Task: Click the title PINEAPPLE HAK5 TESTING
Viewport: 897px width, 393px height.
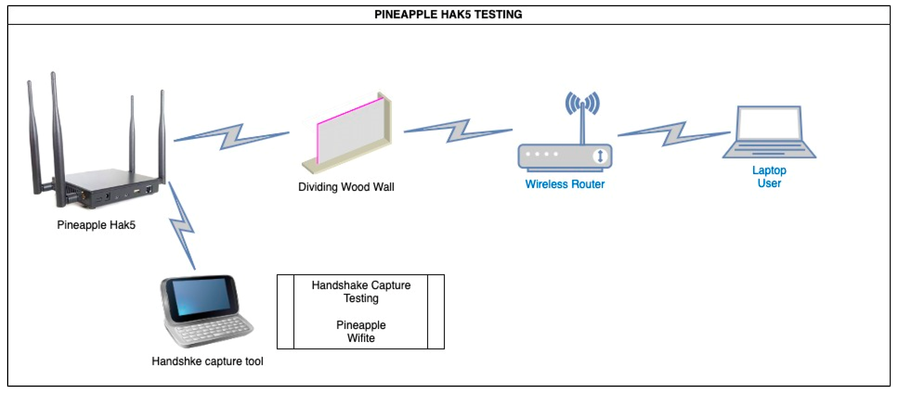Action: point(448,14)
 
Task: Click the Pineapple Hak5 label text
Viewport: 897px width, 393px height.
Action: point(96,225)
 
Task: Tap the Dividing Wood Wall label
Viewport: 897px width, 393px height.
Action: point(346,187)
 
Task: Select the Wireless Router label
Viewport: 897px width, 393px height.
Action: point(565,184)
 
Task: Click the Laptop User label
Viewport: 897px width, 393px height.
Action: point(769,177)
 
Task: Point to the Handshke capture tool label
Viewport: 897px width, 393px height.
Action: point(207,361)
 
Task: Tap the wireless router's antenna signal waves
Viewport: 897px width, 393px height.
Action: point(582,103)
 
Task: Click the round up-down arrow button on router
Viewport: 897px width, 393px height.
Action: point(600,156)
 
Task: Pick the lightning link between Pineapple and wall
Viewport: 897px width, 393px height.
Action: point(232,136)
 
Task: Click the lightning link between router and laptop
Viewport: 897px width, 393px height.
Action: point(674,134)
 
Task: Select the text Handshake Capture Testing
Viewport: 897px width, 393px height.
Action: point(361,292)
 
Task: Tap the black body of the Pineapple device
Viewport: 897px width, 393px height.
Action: point(104,188)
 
